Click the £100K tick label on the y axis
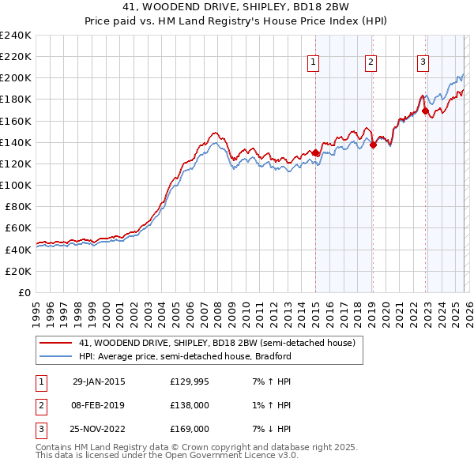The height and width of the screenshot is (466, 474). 16,185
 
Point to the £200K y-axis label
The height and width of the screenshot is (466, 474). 16,78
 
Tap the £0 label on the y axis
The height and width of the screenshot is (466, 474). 25,292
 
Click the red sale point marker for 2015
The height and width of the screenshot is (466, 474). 315,153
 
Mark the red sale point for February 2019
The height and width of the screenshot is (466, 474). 373,145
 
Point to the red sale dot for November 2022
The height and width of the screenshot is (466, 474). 425,111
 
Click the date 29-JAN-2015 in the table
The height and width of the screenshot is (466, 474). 99,381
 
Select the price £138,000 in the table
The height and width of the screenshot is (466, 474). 190,405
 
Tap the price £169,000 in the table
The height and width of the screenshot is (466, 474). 190,429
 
